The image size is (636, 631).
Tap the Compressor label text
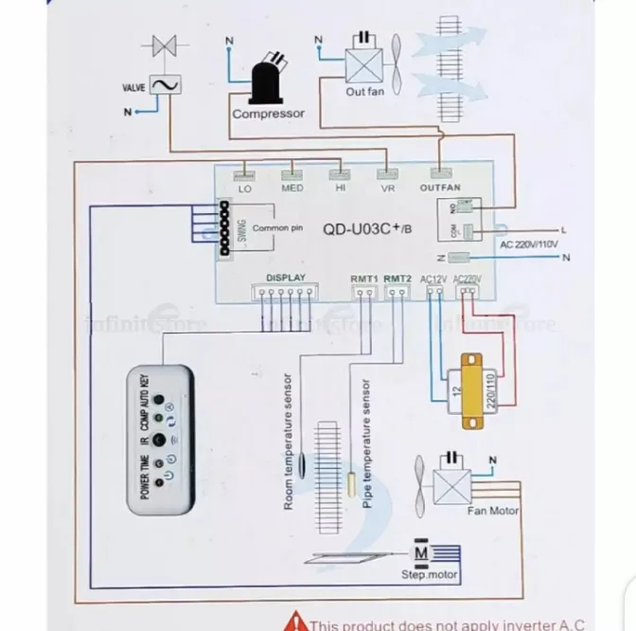coord(269,114)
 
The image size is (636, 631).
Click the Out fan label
coord(363,92)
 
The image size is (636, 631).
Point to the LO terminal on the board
coord(245,188)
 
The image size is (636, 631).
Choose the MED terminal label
coord(292,188)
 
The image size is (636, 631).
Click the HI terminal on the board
coord(339,188)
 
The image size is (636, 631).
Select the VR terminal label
coord(386,188)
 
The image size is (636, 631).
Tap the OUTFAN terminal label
coord(439,188)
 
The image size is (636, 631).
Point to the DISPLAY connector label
coord(286,278)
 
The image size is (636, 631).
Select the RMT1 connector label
coord(364,278)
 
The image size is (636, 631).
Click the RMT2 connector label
coord(398,278)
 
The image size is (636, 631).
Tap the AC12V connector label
coord(433,278)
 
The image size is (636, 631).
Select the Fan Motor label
coord(493,511)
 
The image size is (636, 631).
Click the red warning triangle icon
coord(300,622)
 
